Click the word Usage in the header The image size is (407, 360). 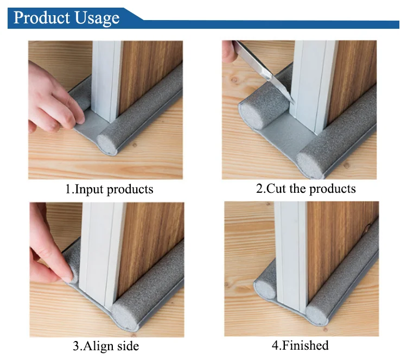97,18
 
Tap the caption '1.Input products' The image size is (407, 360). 109,190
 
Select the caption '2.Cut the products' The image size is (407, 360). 306,188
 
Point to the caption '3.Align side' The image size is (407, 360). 106,346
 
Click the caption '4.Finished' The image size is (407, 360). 300,345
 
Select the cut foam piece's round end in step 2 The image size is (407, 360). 252,116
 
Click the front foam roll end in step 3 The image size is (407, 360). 125,318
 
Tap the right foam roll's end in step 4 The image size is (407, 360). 317,314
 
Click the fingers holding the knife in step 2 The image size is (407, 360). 229,52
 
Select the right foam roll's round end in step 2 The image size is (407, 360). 310,165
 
